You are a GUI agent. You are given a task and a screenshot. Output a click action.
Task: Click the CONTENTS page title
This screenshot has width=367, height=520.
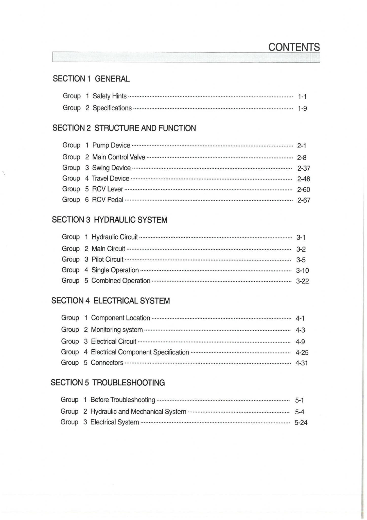(x=294, y=47)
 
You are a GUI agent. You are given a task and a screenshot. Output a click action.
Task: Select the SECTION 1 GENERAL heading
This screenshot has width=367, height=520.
(x=91, y=79)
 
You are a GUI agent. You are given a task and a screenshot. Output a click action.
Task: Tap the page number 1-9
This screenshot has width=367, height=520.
(x=302, y=108)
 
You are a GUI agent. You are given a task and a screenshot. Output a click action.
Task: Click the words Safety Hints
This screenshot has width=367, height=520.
(x=110, y=96)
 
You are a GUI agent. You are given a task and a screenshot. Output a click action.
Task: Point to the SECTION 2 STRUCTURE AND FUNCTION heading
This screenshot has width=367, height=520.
(x=124, y=128)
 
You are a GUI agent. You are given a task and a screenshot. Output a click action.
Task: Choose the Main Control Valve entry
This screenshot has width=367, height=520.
(x=118, y=157)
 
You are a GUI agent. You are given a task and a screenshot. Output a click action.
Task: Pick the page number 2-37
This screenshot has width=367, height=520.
(x=304, y=168)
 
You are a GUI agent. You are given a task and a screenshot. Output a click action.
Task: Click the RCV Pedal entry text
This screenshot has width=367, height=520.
(x=108, y=200)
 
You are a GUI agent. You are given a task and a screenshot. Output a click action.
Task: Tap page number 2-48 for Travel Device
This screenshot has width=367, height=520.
(x=303, y=179)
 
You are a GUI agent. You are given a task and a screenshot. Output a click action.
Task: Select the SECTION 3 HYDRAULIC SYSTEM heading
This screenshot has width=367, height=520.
(x=110, y=220)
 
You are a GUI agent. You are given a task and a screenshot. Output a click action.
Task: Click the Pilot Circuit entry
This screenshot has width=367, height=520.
(x=107, y=259)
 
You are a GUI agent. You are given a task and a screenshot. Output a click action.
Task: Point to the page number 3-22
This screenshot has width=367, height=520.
(x=302, y=281)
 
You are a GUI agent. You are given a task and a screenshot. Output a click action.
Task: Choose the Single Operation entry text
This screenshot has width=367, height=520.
(x=115, y=270)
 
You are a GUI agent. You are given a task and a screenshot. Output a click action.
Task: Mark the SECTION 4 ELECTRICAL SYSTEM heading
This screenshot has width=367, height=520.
(x=111, y=301)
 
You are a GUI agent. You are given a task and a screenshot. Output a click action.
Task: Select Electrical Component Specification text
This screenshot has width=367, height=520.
(x=140, y=352)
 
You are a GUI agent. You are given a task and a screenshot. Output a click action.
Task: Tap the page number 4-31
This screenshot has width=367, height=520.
(x=302, y=363)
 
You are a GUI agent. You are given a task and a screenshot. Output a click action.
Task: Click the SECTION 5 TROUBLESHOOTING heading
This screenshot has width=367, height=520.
(x=108, y=382)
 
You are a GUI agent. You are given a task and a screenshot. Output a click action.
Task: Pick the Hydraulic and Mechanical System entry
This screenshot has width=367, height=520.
(x=138, y=411)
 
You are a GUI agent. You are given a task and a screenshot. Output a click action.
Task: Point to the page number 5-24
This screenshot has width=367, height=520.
(x=301, y=422)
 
